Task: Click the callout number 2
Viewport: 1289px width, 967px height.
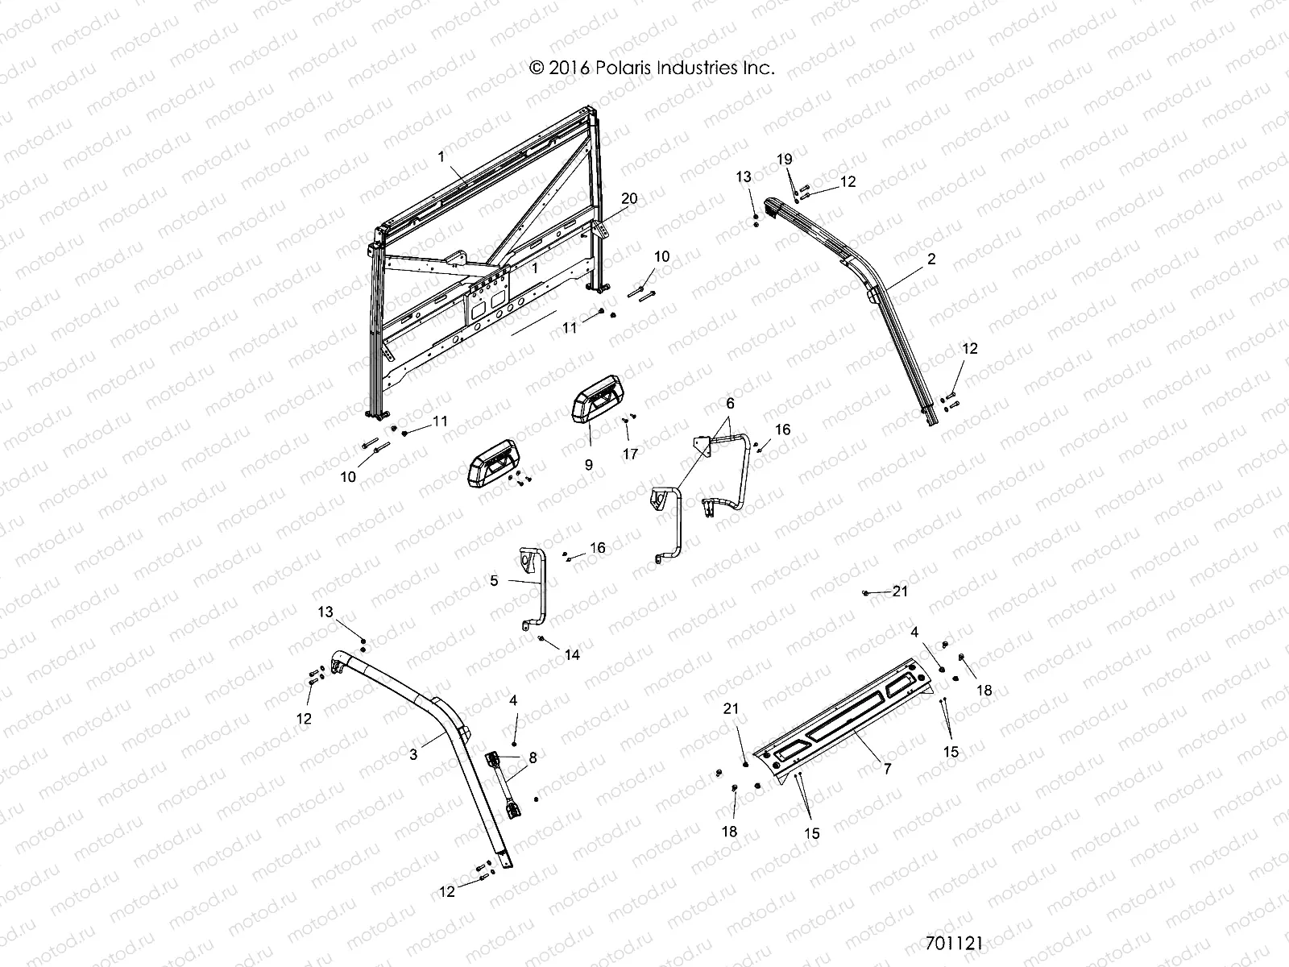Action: pos(931,259)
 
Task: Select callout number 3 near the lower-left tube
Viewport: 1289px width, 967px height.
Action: pos(414,754)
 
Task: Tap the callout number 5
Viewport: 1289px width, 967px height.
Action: pos(494,580)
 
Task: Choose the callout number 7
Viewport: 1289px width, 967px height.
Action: pos(887,769)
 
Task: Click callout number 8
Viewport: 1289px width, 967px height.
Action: pos(532,757)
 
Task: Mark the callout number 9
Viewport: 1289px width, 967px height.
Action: pos(589,465)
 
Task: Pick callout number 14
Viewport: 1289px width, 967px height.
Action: pos(571,655)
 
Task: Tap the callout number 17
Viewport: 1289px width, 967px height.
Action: pos(630,454)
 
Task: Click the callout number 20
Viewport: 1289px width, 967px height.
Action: pos(629,199)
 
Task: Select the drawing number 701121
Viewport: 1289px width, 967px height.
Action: pos(954,943)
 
